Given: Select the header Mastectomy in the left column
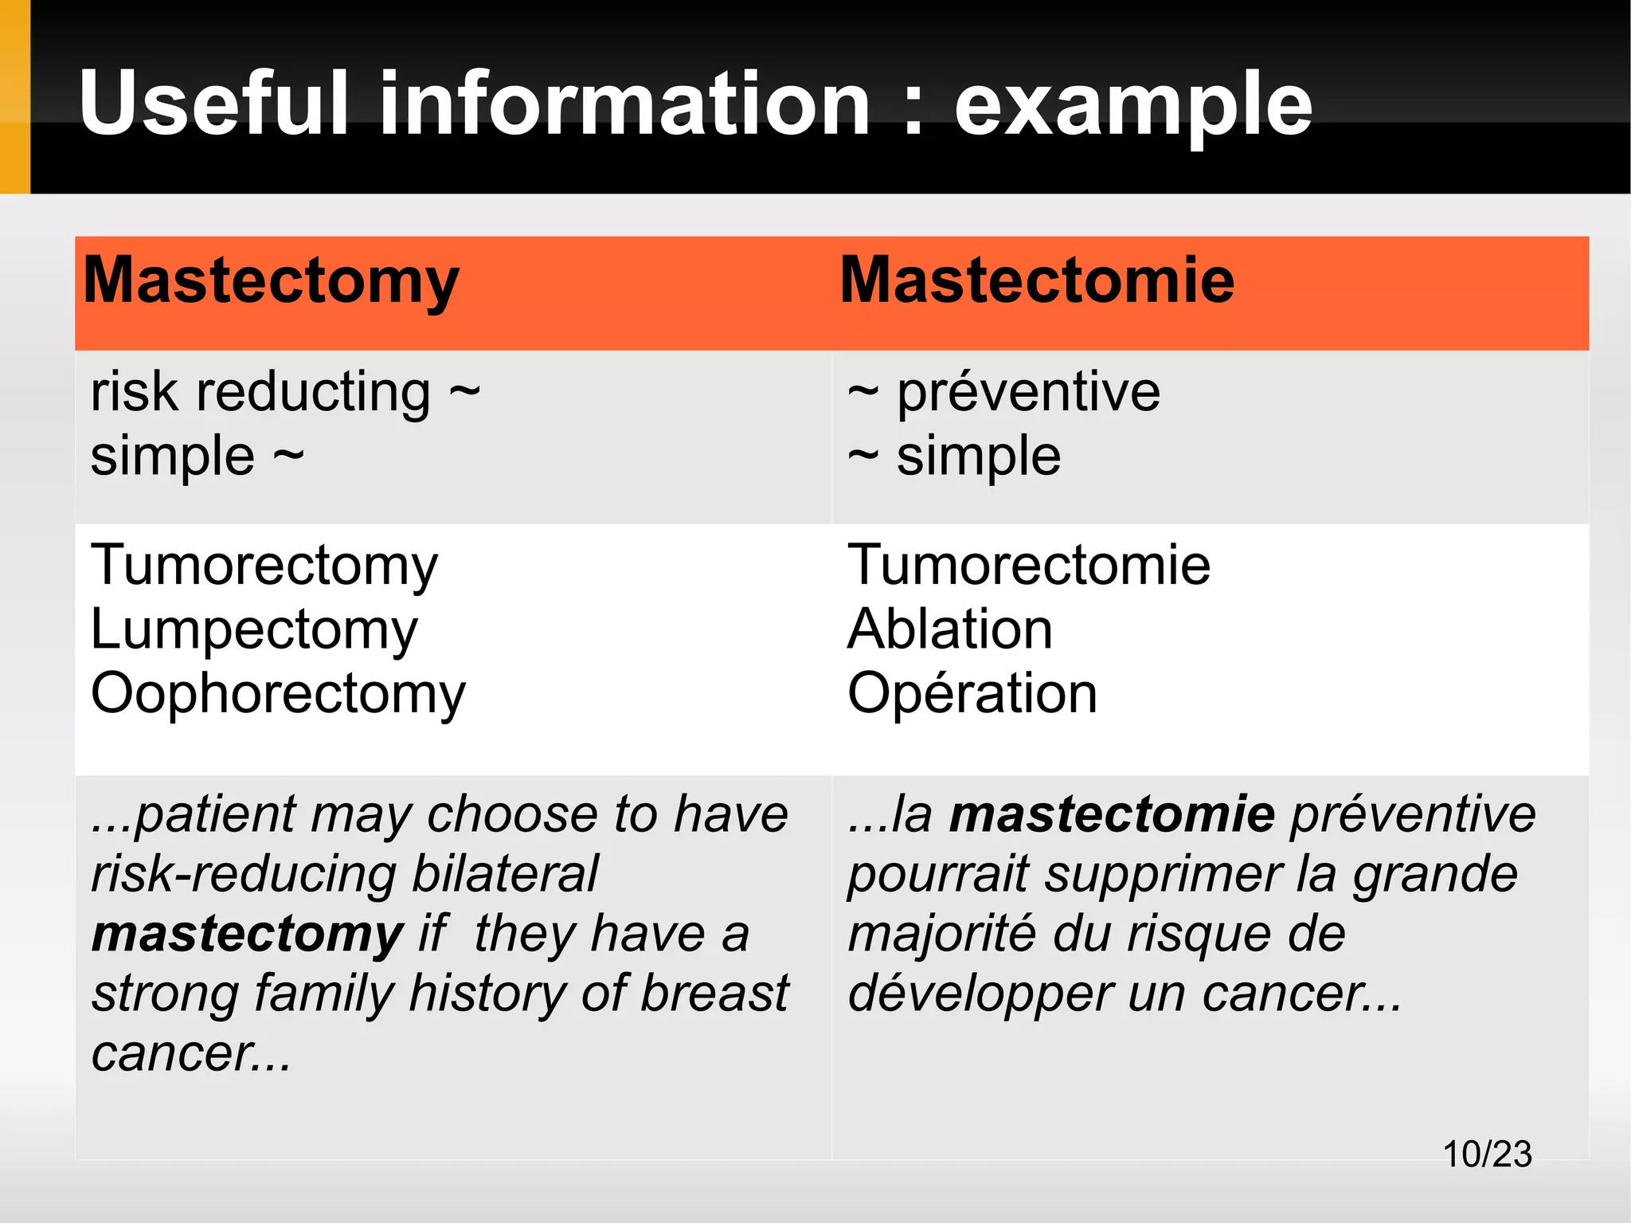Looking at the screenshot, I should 271,281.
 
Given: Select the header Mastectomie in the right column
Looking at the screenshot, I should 1037,280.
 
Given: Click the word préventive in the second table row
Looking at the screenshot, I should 1028,393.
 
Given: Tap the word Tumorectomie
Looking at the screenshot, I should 1028,566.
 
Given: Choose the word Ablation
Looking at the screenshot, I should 949,629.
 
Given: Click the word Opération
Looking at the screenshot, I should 972,693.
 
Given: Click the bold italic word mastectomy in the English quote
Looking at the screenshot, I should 247,935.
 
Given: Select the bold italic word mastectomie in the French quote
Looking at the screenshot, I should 1112,814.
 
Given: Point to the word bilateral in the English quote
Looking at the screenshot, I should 505,874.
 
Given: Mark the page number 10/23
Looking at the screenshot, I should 1487,1154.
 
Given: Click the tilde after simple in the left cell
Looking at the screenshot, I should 288,456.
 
